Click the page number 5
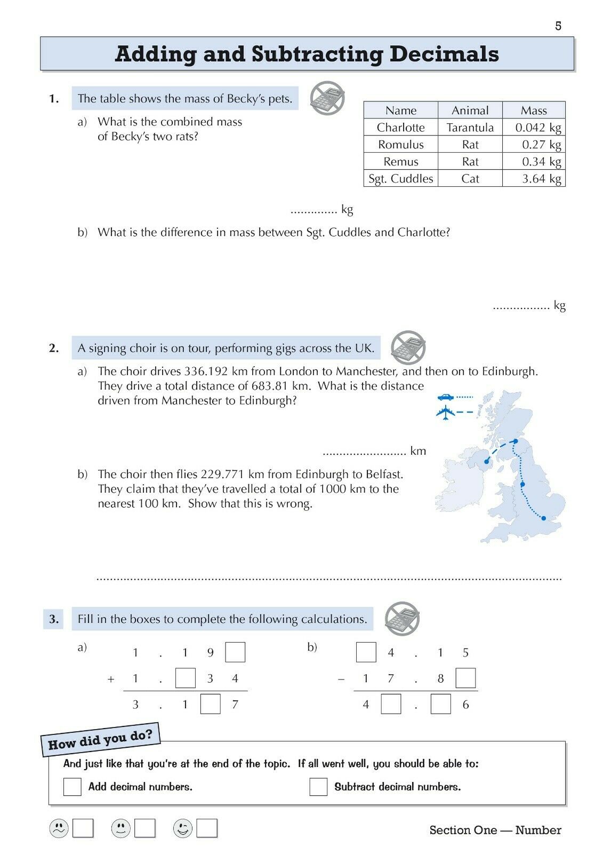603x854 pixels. [x=558, y=26]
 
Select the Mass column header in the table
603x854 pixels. [x=534, y=110]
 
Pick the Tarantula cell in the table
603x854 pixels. [x=470, y=128]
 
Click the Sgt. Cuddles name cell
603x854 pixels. [x=401, y=178]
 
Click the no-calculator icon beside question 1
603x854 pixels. [x=327, y=98]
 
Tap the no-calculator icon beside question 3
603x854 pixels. [x=403, y=619]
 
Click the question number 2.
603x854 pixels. [x=54, y=348]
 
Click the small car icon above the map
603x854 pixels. [x=446, y=397]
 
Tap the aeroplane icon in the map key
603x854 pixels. [x=445, y=412]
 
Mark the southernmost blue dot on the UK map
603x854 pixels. [x=543, y=518]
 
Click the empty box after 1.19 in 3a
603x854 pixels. [x=235, y=652]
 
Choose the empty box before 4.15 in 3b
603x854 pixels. [x=366, y=652]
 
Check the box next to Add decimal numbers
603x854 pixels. [x=72, y=787]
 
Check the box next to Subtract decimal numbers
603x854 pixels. [x=318, y=787]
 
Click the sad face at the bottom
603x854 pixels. [x=59, y=828]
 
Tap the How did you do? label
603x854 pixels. [x=101, y=740]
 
